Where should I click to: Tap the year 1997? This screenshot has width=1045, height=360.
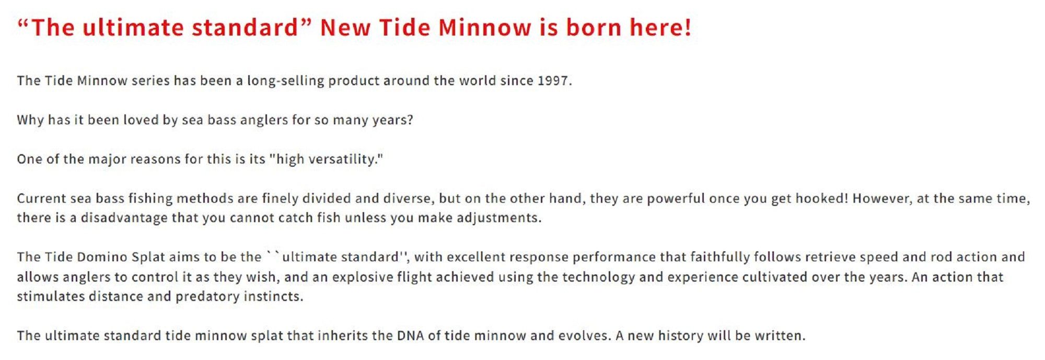point(553,80)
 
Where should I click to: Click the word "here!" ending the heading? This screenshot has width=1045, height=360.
point(660,27)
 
